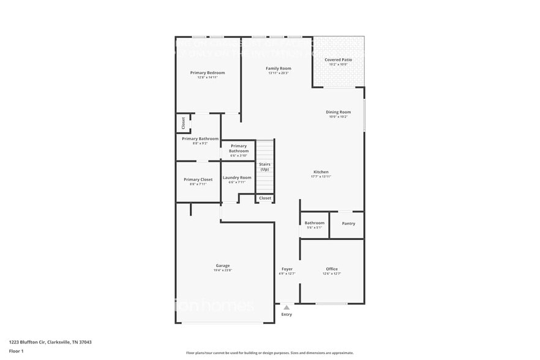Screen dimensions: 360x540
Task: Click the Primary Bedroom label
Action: coord(207,73)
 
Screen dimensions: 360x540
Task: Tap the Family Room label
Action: coord(278,68)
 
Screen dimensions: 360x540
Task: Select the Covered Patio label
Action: coord(338,60)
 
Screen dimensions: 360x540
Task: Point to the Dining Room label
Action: coord(338,112)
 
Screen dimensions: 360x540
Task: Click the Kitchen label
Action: coord(321,172)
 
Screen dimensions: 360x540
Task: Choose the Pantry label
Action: coord(348,223)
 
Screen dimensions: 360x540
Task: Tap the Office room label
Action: coord(332,269)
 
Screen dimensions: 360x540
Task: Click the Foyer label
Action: coord(287,269)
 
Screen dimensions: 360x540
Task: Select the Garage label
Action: coord(223,266)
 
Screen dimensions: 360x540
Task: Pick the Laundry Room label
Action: coord(236,178)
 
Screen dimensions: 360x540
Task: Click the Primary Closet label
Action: coord(198,179)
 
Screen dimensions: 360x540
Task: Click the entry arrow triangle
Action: coord(286,307)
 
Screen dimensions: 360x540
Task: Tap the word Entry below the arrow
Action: coord(287,315)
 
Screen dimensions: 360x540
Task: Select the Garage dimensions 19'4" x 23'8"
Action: coord(223,270)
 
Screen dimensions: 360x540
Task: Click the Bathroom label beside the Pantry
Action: coord(315,223)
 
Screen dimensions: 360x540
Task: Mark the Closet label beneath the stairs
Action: coord(265,198)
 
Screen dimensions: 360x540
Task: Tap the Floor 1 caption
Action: coord(16,351)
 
